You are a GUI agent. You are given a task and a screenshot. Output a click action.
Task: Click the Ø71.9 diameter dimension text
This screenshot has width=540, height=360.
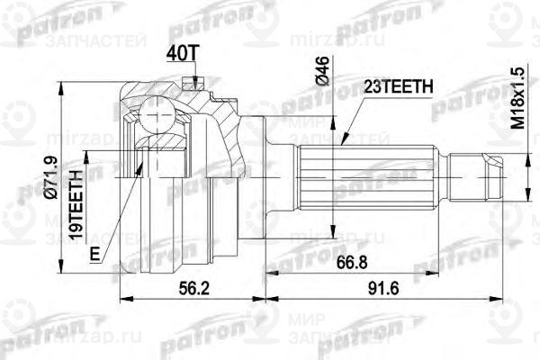pos(60,180)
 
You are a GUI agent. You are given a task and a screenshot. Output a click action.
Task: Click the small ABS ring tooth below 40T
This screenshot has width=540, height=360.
pos(188,84)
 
